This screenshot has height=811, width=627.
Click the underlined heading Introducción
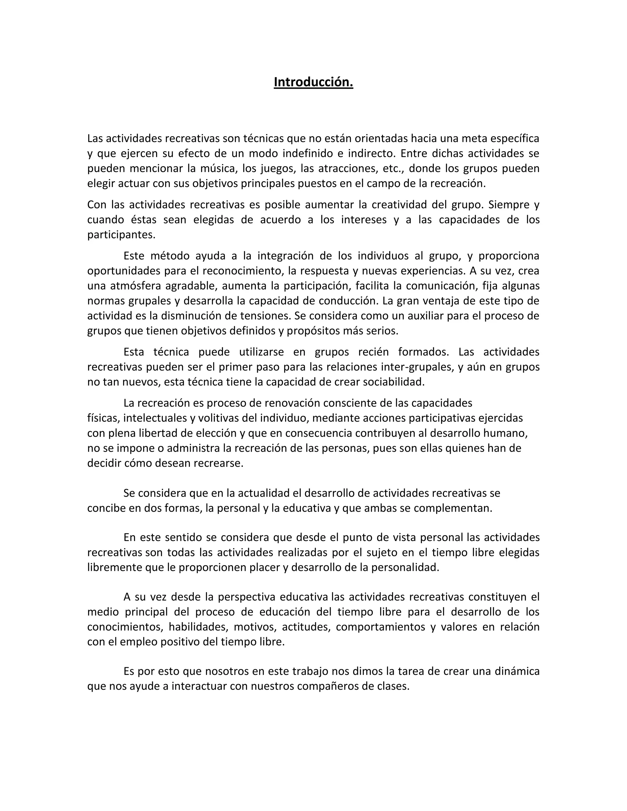313,82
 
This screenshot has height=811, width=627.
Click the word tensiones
265,316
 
